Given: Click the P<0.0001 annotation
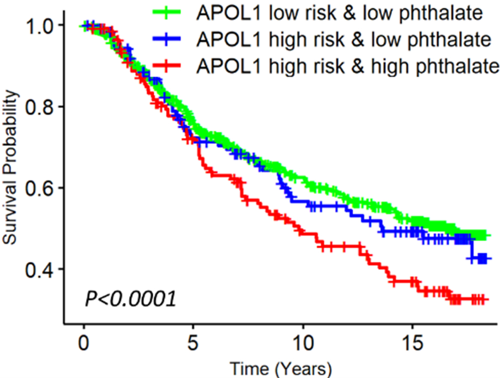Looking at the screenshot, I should click(130, 299).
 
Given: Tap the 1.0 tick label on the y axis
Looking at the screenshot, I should click(41, 25).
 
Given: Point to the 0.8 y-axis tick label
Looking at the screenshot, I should click(41, 107).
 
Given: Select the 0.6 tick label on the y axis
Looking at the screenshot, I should click(41, 188).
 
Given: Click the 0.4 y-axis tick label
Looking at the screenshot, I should click(41, 269).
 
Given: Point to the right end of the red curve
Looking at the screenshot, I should click(485, 299).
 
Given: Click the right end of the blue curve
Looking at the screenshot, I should click(485, 258).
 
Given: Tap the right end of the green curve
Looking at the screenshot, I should click(486, 235).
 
